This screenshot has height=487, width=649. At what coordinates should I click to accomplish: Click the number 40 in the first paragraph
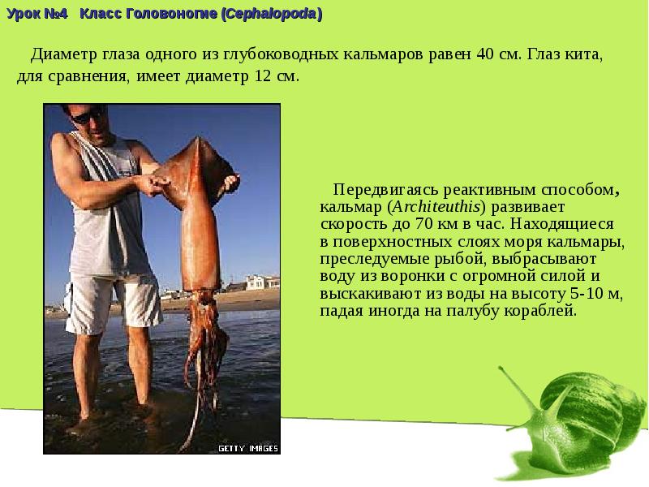coord(486,55)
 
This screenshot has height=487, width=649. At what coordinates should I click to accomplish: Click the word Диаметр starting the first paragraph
coord(64,55)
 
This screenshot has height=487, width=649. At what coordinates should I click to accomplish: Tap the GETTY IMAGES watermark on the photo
coord(247,447)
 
